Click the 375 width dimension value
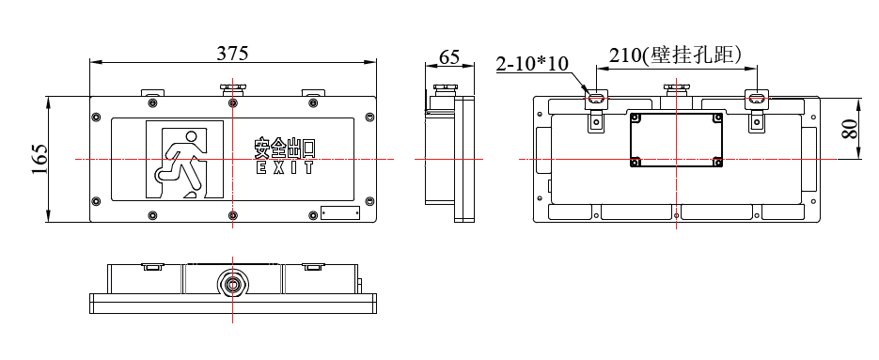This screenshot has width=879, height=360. coord(232,54)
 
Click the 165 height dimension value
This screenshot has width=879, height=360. coord(39,159)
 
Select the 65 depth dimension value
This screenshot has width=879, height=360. coord(449,56)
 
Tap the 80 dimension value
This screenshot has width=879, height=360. coord(850,130)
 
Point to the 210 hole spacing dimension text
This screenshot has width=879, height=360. coord(676,55)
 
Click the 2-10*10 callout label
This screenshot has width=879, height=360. coord(532,64)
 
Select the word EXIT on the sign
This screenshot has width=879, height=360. coord(285,167)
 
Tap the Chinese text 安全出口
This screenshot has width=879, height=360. coord(285,148)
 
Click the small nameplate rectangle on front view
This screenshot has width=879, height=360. coord(340,212)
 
